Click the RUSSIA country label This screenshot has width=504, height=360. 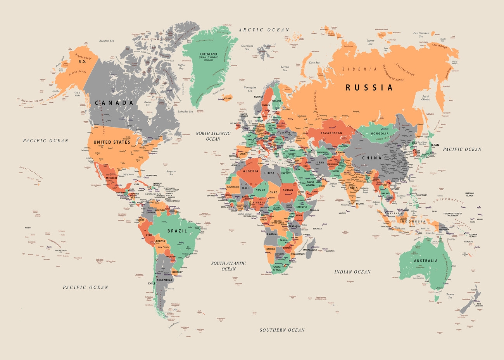pyautogui.click(x=369, y=88)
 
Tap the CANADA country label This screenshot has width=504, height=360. pyautogui.click(x=114, y=103)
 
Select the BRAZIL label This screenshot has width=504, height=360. pyautogui.click(x=177, y=231)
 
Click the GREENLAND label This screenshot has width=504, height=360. pyautogui.click(x=208, y=54)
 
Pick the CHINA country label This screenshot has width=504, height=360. pyautogui.click(x=371, y=158)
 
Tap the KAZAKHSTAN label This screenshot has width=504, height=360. pyautogui.click(x=331, y=133)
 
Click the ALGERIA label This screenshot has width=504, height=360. pyautogui.click(x=250, y=171)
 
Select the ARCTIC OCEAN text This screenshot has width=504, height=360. pyautogui.click(x=264, y=30)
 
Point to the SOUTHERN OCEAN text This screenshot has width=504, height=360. pyautogui.click(x=282, y=330)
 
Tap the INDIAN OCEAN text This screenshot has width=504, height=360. pyautogui.click(x=352, y=272)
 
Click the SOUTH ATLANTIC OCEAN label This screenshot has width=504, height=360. pyautogui.click(x=228, y=266)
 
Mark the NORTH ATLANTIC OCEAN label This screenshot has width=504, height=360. pyautogui.click(x=213, y=136)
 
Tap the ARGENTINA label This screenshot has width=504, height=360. pyautogui.click(x=165, y=280)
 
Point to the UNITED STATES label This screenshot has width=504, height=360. pyautogui.click(x=112, y=142)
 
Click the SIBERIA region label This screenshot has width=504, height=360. pyautogui.click(x=359, y=69)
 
